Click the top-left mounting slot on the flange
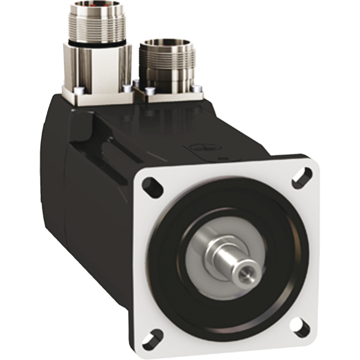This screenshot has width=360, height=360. click(153, 185)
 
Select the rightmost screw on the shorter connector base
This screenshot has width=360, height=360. click(197, 89)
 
